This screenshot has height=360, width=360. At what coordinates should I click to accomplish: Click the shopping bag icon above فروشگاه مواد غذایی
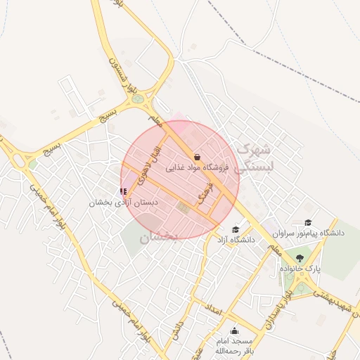[x=196, y=157]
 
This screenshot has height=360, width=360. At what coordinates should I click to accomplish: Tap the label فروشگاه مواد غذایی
[x=198, y=168]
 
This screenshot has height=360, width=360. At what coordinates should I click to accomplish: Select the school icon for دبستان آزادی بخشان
[x=124, y=191]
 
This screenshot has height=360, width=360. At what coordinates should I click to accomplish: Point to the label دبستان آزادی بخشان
[x=124, y=202]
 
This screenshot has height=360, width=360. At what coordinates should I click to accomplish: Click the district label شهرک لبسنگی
[x=253, y=158]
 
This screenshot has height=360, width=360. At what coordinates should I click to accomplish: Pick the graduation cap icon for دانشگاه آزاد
[x=236, y=229]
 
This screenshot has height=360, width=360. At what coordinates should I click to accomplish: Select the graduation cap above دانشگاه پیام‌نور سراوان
[x=307, y=222]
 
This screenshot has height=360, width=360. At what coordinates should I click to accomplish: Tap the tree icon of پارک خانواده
[x=300, y=258]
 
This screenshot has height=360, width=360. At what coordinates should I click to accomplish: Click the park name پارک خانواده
[x=300, y=269]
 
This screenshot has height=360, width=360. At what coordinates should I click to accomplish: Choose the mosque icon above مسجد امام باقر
[x=234, y=330]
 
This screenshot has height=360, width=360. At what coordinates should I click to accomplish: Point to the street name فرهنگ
[x=204, y=191]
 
